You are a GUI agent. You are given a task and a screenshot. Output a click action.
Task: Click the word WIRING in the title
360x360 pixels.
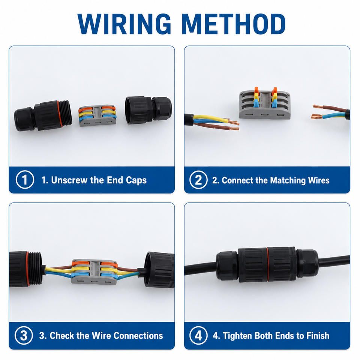(x=124, y=24)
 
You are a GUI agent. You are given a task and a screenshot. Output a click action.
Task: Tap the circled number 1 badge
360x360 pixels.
(x=25, y=180)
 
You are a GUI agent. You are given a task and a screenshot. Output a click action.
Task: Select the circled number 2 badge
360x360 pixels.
(x=198, y=180)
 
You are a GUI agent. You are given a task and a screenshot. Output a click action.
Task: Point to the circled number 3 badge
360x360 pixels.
(x=24, y=335)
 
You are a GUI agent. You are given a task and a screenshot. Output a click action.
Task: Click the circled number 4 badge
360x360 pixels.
(x=198, y=335)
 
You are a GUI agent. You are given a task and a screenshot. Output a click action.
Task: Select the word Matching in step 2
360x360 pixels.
(x=288, y=180)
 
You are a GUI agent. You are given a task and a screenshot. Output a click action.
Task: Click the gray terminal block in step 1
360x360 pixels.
(x=97, y=116)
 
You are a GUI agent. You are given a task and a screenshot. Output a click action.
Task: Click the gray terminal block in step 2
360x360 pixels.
(x=265, y=105)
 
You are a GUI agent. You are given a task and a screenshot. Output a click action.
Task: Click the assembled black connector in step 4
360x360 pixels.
(x=267, y=265)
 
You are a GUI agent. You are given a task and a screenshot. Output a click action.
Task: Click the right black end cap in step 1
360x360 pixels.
(x=148, y=110)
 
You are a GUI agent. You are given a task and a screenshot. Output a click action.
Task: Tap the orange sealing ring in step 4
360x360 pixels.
(x=268, y=264)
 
